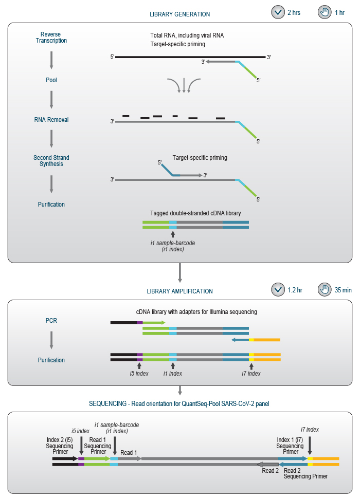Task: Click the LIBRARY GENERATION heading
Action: [179, 14]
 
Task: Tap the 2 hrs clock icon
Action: [278, 12]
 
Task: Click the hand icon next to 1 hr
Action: [325, 12]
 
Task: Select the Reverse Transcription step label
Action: [51, 38]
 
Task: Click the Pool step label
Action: [51, 80]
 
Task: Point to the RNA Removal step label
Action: [51, 120]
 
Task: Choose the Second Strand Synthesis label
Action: [51, 161]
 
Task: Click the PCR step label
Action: [51, 321]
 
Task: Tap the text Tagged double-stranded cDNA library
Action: [195, 213]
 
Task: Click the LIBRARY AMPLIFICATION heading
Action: [179, 291]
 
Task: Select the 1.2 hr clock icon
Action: [278, 290]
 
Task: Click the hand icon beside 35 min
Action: [325, 290]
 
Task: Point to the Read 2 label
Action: [270, 470]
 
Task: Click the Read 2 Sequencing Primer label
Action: [305, 473]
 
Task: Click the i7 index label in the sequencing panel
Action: [310, 429]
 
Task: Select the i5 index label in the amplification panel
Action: [138, 374]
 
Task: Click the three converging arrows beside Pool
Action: [184, 85]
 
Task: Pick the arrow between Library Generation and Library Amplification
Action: [179, 273]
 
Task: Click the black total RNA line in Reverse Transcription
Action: [190, 57]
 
